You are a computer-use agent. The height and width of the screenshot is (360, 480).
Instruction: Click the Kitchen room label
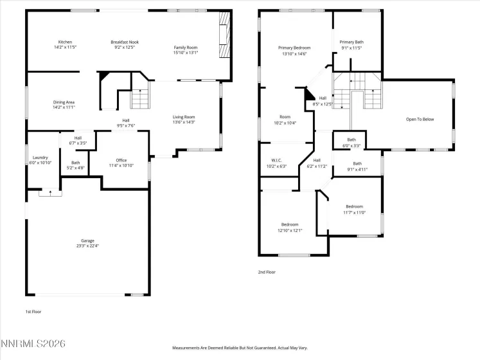click(x=65, y=42)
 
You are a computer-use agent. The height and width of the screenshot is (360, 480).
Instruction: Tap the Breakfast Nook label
click(x=125, y=42)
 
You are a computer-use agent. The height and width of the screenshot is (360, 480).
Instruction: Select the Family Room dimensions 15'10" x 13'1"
click(x=186, y=53)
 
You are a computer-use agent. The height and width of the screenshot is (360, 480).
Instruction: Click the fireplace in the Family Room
click(x=224, y=39)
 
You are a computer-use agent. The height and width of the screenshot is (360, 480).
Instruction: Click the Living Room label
click(x=183, y=116)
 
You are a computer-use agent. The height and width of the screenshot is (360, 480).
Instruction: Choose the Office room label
click(x=121, y=160)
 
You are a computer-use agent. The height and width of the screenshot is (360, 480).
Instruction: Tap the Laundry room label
click(x=40, y=157)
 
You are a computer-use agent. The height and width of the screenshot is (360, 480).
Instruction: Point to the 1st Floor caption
click(x=33, y=311)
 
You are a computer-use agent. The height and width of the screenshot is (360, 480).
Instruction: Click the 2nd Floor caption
click(x=267, y=272)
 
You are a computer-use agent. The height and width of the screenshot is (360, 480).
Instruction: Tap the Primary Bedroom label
click(x=294, y=48)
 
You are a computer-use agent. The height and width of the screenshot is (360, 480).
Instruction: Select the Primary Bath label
click(x=351, y=42)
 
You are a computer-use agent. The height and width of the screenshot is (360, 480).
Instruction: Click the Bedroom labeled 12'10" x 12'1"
click(x=290, y=224)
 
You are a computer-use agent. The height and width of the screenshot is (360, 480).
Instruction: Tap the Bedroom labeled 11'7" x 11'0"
click(x=353, y=206)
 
